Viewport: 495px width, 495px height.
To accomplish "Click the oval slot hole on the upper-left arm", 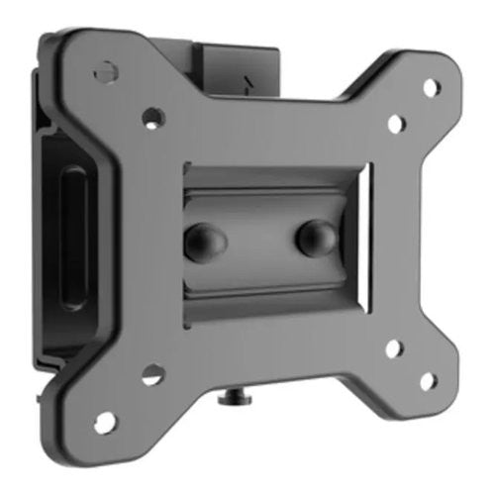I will click(x=102, y=73).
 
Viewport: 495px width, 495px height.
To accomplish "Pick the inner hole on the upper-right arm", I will click(x=393, y=124).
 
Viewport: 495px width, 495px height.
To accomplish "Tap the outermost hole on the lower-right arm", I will click(x=428, y=380).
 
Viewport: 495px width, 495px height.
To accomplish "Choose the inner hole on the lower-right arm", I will click(x=392, y=347).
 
